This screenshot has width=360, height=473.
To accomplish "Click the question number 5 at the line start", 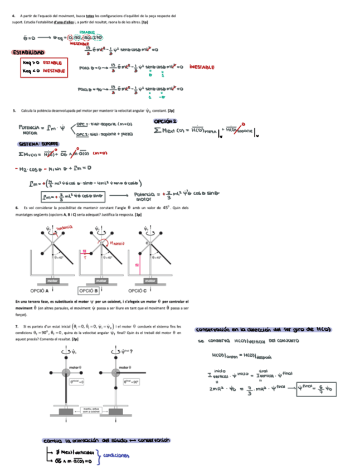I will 13,110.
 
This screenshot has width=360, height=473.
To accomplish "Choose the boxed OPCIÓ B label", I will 89,291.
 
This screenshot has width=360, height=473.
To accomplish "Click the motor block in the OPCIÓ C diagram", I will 149,281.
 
